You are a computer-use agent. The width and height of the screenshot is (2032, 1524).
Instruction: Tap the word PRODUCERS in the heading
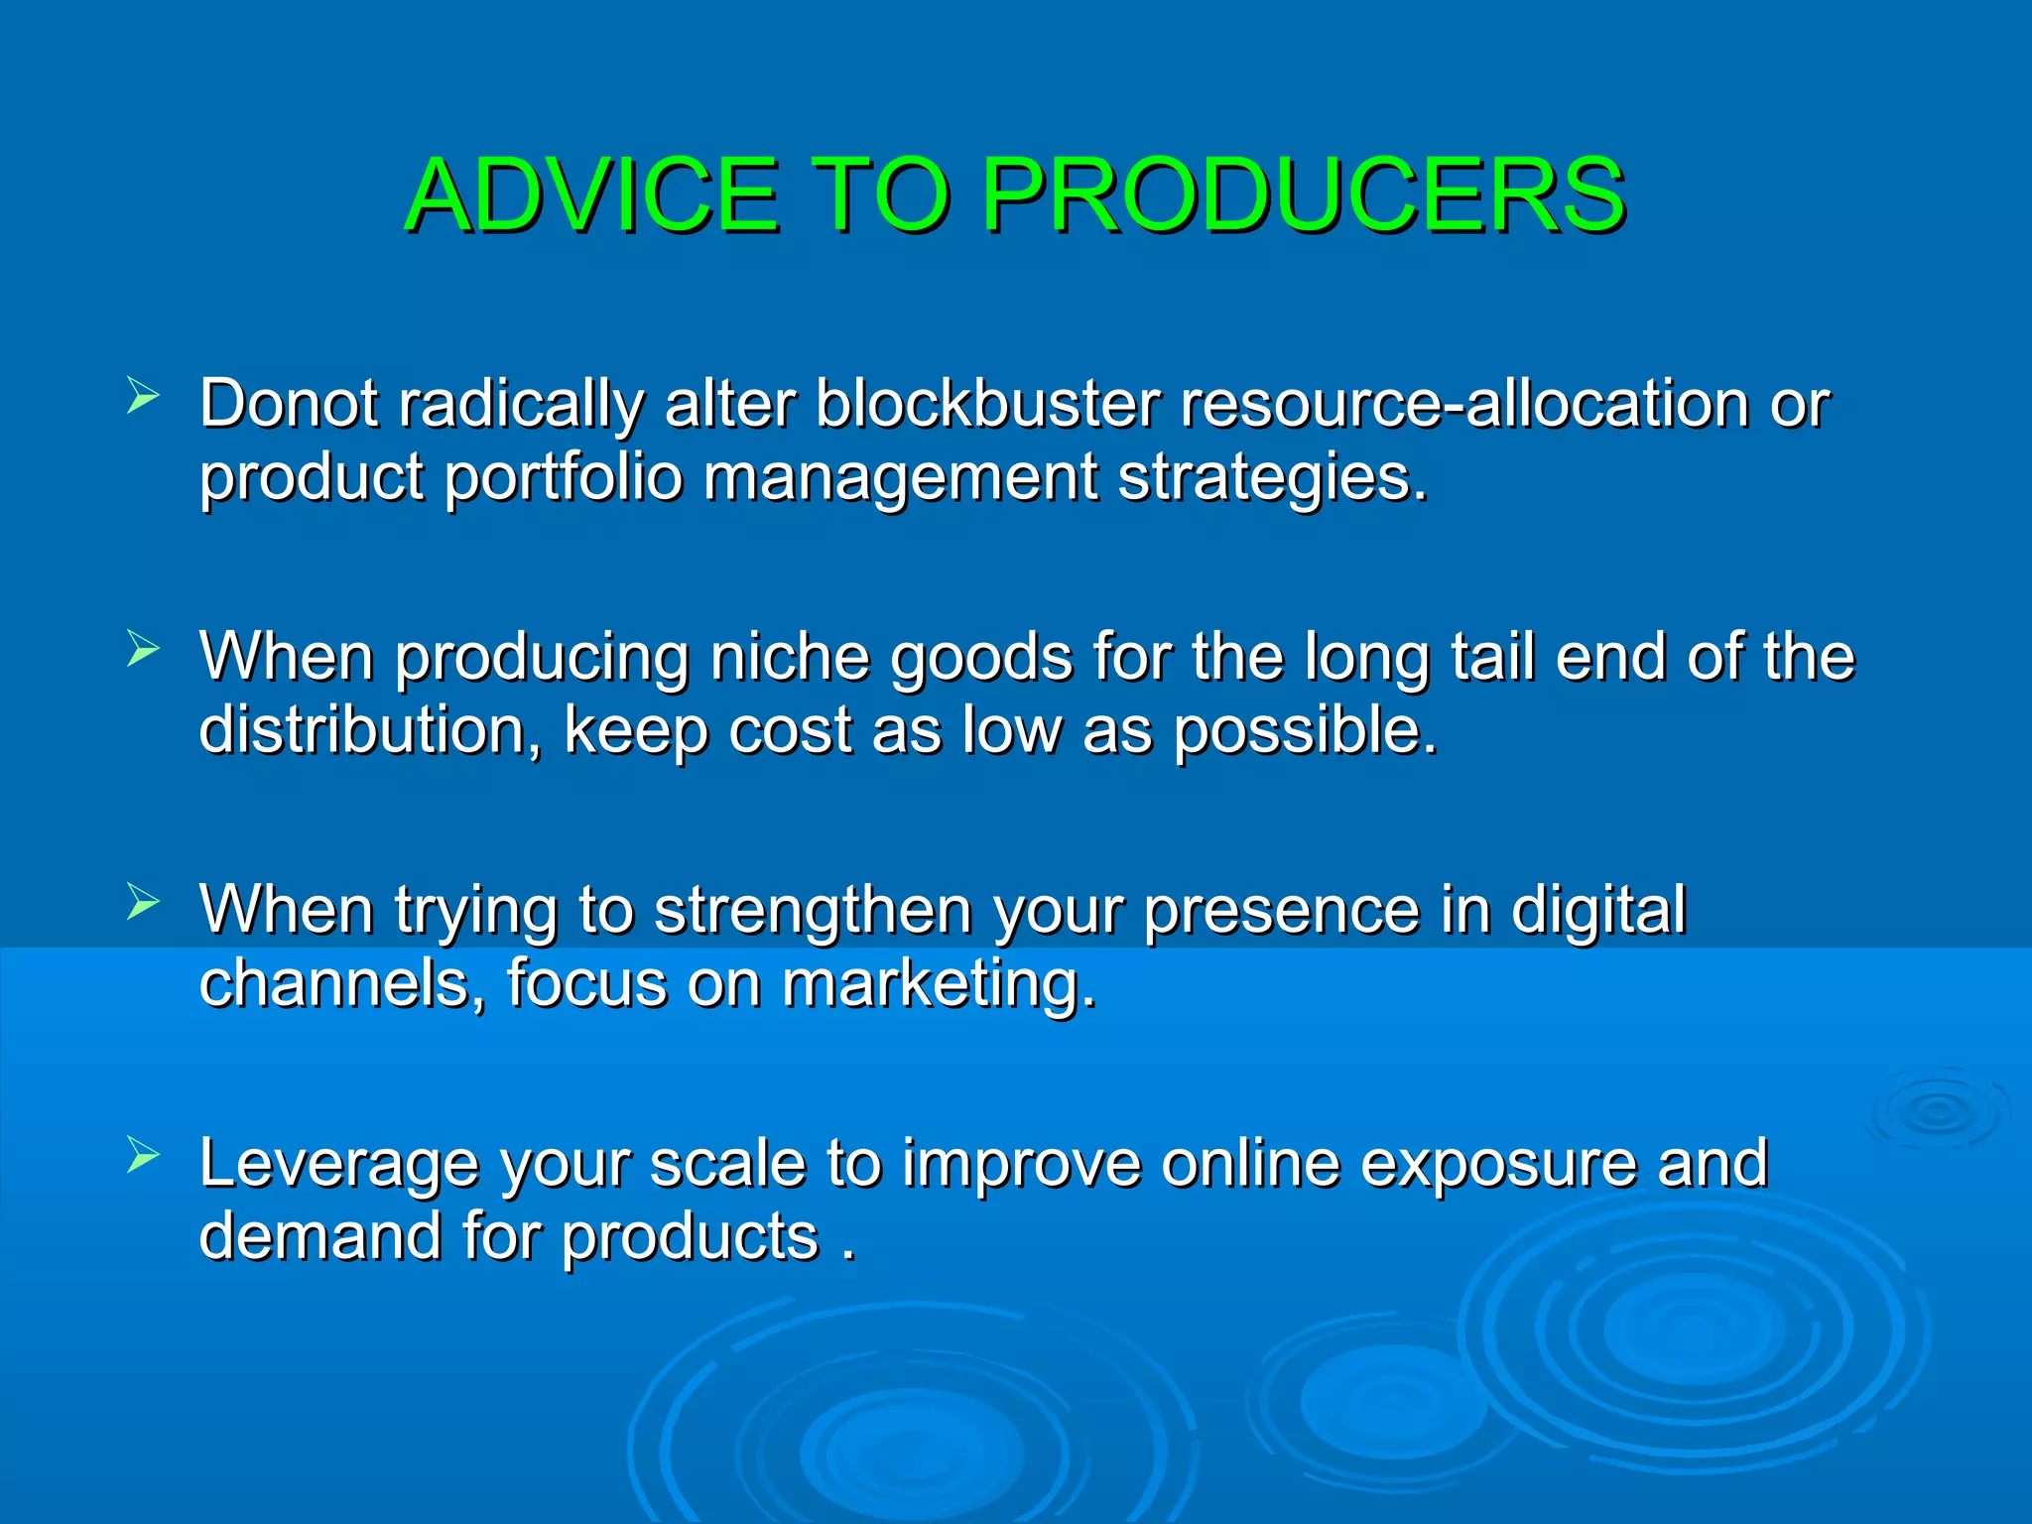pos(1303,195)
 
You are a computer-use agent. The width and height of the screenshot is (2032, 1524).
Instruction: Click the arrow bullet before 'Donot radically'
pos(144,397)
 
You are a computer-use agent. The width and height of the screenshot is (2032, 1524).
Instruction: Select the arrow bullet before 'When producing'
pos(144,650)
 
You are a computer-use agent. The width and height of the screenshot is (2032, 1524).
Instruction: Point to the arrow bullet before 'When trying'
pos(144,903)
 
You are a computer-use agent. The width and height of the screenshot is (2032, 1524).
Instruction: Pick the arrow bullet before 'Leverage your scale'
pos(144,1156)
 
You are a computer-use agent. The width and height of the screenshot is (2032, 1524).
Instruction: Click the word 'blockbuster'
pos(987,404)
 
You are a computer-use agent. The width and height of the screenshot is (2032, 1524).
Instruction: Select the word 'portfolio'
pos(563,478)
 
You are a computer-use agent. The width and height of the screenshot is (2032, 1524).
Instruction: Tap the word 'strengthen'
pos(813,910)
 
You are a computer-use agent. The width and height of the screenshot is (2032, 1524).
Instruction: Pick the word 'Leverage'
pos(339,1163)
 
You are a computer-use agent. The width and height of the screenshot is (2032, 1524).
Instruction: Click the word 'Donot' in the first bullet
pos(289,404)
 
